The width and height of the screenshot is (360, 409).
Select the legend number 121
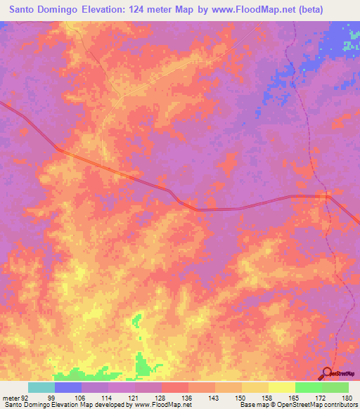coord(136,397)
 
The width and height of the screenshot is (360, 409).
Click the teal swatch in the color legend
coord(41,387)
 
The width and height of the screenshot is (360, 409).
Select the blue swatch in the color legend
coord(67,387)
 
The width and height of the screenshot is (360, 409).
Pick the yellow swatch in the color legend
coord(281,387)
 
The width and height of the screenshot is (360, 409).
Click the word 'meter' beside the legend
coord(10,397)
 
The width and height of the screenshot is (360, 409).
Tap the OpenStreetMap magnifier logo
coord(327,374)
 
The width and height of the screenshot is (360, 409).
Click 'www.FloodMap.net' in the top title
coord(266,9)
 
